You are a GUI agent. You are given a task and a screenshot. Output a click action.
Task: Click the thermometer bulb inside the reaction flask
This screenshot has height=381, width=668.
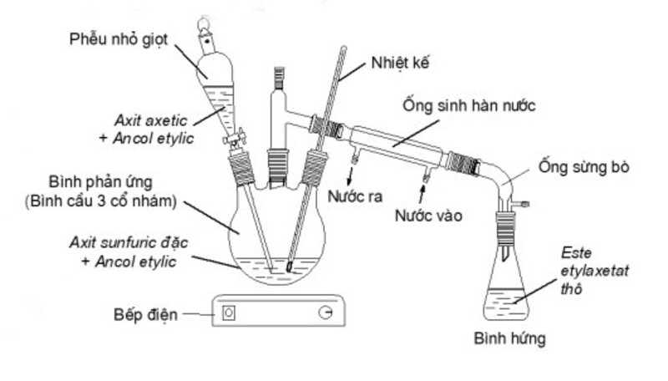tap(286, 268)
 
